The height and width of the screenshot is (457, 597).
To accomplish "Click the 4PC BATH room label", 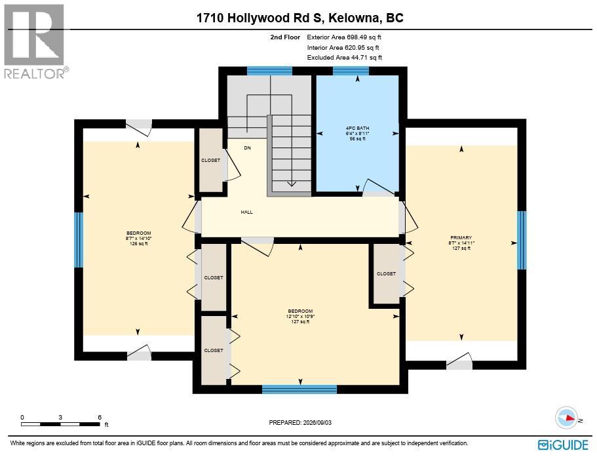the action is [358, 129].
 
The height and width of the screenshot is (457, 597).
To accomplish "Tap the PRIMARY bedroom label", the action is [461, 237].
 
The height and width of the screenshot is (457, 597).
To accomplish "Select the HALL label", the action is [246, 212].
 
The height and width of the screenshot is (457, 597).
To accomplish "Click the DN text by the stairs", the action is [248, 148].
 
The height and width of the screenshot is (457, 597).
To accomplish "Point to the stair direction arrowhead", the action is [291, 184].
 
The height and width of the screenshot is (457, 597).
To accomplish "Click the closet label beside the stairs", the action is [210, 161].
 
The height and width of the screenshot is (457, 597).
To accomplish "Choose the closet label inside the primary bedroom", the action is [386, 274].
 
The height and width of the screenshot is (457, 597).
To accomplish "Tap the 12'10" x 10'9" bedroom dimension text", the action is [300, 317].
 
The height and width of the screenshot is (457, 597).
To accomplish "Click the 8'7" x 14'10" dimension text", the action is [138, 239].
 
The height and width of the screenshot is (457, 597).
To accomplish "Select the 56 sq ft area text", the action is [358, 139].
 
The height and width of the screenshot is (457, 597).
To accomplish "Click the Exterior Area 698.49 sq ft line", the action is [344, 37].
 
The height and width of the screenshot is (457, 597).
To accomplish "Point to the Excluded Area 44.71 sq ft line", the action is [345, 58].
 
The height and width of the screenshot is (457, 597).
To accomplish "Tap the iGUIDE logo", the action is [563, 445].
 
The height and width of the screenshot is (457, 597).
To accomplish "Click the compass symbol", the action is [567, 418].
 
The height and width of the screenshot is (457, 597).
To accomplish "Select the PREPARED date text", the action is [300, 423].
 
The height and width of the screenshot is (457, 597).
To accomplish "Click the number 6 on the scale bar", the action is [100, 418].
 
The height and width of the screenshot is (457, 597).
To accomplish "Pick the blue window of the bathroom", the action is [351, 71].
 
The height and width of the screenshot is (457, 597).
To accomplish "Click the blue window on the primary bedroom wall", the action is [522, 241].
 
